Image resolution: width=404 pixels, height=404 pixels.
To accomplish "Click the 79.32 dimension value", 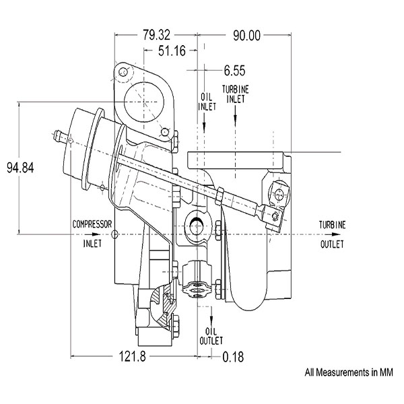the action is click(157, 35).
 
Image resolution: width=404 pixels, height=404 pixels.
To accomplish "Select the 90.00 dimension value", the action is click(247, 36).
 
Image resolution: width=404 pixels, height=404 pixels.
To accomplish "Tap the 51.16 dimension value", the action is click(172, 50).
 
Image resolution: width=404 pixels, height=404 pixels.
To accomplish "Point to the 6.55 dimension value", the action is click(234, 70).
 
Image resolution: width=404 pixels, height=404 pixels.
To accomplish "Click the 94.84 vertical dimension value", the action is click(20, 168).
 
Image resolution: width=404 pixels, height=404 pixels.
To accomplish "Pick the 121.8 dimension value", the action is click(133, 357).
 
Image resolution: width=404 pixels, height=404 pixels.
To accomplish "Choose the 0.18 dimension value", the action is click(233, 357).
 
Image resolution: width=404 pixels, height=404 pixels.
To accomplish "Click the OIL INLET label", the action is click(207, 102).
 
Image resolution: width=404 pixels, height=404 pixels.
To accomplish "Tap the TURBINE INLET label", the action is click(236, 94).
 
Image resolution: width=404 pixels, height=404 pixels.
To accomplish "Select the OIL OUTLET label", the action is click(211, 336).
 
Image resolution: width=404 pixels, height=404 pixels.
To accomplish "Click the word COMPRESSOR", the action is click(92, 224).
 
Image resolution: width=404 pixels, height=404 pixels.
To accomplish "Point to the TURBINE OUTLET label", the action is click(332, 234).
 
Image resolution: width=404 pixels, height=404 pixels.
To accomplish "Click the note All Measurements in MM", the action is click(349, 372).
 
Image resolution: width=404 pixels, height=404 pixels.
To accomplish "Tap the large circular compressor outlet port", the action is click(144, 102).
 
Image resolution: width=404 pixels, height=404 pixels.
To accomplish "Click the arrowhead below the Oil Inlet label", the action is click(204, 126).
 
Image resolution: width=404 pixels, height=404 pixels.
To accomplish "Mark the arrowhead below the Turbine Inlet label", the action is click(235, 118).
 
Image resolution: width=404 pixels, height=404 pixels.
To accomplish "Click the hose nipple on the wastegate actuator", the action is click(59, 136).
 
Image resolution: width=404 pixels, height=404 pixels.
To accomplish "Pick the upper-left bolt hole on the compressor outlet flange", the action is click(123, 71).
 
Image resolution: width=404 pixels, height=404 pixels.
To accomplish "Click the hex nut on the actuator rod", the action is click(220, 195).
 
